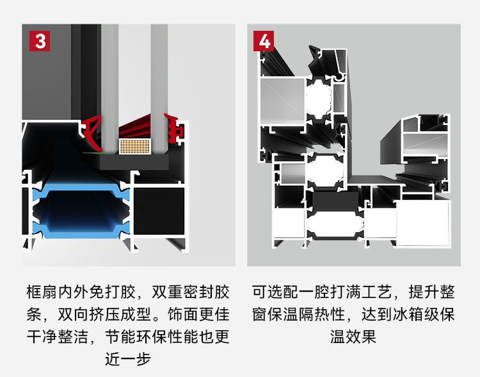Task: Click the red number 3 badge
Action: pyautogui.click(x=40, y=40)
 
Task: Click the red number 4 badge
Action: pyautogui.click(x=264, y=40)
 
